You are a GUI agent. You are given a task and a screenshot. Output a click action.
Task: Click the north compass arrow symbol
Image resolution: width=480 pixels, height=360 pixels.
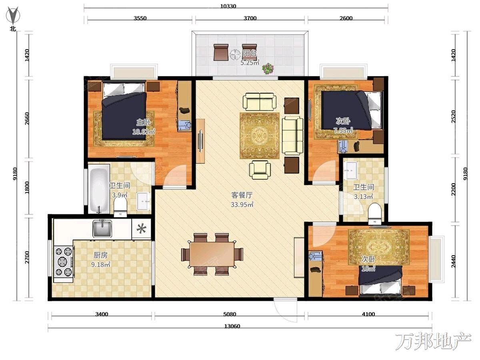pyautogui.click(x=13, y=15)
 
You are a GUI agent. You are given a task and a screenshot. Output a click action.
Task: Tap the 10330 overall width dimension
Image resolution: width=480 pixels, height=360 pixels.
pyautogui.click(x=228, y=6)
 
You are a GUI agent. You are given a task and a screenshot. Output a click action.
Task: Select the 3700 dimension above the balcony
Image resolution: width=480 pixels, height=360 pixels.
pyautogui.click(x=250, y=18)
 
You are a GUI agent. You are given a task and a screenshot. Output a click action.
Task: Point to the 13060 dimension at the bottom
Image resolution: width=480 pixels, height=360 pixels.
pyautogui.click(x=232, y=326)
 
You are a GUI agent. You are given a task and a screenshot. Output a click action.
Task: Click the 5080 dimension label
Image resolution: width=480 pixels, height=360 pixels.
pyautogui.click(x=230, y=314)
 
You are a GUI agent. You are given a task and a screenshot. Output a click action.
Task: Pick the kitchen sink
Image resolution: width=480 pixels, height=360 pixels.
pyautogui.click(x=102, y=228)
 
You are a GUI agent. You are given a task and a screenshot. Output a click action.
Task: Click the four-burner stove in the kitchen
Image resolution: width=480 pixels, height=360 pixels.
pyautogui.click(x=64, y=262)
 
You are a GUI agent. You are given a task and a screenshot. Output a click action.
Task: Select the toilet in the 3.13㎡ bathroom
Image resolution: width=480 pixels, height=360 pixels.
pyautogui.click(x=374, y=214)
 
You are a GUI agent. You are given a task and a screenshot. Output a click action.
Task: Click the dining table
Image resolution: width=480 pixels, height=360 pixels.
pyautogui.click(x=212, y=254)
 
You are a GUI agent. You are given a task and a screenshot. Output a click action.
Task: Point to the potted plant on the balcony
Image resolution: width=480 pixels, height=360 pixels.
pyautogui.click(x=268, y=68)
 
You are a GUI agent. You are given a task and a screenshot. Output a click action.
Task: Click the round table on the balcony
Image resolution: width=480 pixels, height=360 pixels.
pyautogui.click(x=235, y=55)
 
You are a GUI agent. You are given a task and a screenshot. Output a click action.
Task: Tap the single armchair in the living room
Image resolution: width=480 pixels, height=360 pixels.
pyautogui.click(x=260, y=170)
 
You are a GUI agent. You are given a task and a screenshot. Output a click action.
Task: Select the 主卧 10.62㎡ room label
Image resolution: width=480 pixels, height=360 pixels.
pyautogui.click(x=144, y=127)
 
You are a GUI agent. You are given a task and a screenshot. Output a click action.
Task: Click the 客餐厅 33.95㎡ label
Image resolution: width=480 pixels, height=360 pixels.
pyautogui.click(x=242, y=200)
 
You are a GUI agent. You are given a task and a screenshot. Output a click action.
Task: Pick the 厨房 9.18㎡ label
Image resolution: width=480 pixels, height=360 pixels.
pyautogui.click(x=100, y=260)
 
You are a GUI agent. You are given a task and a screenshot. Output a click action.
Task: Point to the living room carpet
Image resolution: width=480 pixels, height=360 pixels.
pyautogui.click(x=260, y=136)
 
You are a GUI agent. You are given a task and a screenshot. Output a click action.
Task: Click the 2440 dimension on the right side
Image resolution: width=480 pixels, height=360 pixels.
pyautogui.click(x=454, y=261)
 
